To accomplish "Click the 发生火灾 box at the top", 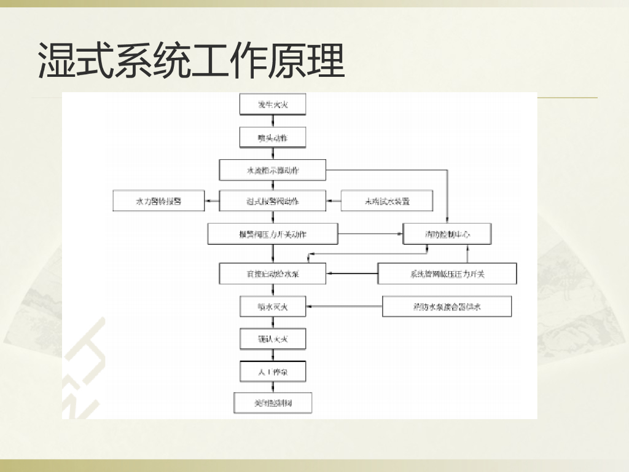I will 273,105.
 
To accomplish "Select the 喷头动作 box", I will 273,138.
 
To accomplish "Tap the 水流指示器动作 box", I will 273,170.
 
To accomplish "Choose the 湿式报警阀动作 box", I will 273,201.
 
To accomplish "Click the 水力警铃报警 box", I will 158,201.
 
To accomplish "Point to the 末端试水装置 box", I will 387,201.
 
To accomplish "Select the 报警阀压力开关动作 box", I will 273,234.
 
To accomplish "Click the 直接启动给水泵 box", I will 273,273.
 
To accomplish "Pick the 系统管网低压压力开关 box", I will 447,273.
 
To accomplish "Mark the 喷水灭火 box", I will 273,306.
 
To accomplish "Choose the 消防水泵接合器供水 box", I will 447,306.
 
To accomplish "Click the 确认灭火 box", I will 273,339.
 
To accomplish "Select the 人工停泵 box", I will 273,371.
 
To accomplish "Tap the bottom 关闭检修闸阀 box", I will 273,403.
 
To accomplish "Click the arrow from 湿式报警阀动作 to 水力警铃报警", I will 212,201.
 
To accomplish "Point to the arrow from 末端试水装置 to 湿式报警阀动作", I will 333,201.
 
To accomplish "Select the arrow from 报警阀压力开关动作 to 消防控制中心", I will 370,234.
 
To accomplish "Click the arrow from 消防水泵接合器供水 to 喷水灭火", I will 344,306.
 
